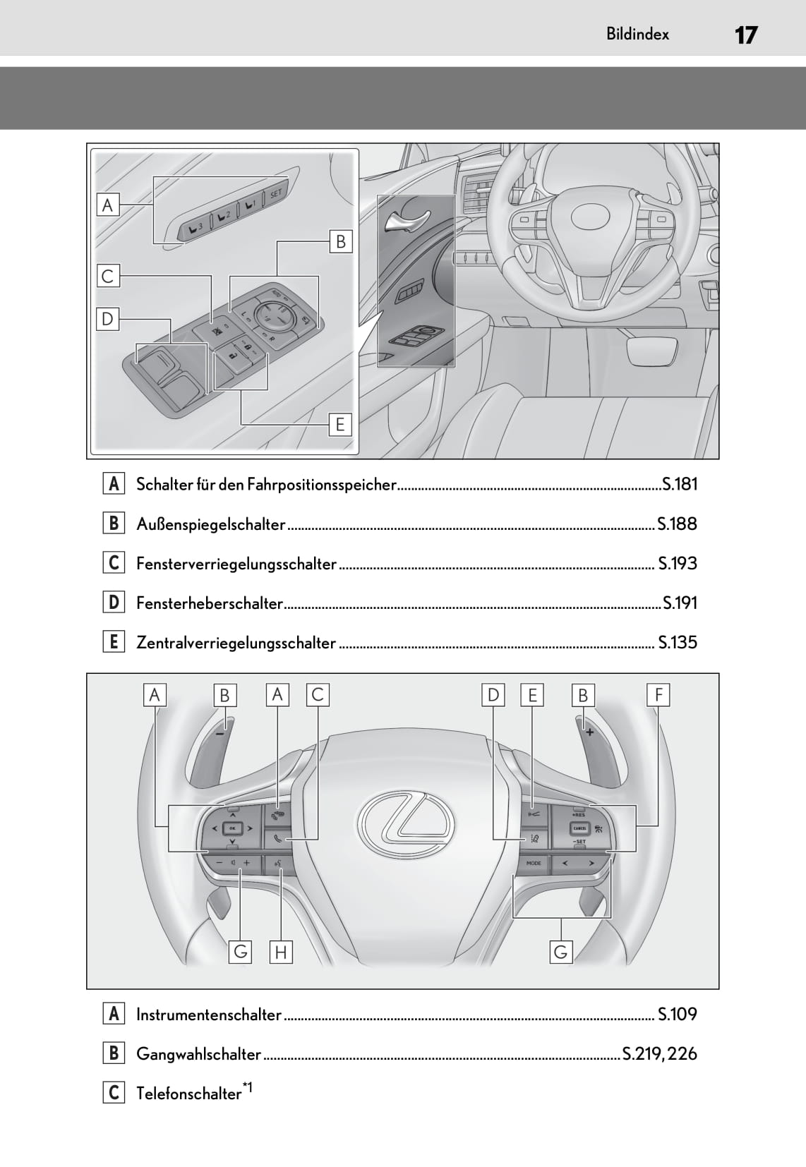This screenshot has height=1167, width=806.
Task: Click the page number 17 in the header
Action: [746, 35]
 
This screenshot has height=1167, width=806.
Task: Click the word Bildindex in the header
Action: [637, 35]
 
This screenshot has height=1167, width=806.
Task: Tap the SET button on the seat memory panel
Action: [275, 193]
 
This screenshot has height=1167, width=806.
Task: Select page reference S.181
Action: [680, 485]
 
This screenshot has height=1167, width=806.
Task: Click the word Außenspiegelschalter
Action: [211, 524]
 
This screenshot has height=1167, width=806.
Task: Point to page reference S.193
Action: [678, 564]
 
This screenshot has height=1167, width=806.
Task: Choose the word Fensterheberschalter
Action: [210, 603]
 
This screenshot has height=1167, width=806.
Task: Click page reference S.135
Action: [678, 642]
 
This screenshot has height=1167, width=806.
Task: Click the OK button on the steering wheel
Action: [232, 828]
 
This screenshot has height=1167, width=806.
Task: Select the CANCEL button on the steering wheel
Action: [579, 828]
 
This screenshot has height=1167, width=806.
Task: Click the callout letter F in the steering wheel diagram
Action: [658, 696]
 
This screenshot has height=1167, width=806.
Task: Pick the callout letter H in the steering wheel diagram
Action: [281, 953]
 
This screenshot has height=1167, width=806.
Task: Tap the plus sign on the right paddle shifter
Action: [589, 732]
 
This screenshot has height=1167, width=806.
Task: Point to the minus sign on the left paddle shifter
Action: [220, 733]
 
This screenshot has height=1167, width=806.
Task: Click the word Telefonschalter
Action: [189, 1094]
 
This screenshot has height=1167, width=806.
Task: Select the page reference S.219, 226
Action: [660, 1054]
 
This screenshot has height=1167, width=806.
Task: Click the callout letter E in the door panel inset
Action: [340, 425]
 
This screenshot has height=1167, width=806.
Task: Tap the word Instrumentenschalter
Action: [209, 1015]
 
